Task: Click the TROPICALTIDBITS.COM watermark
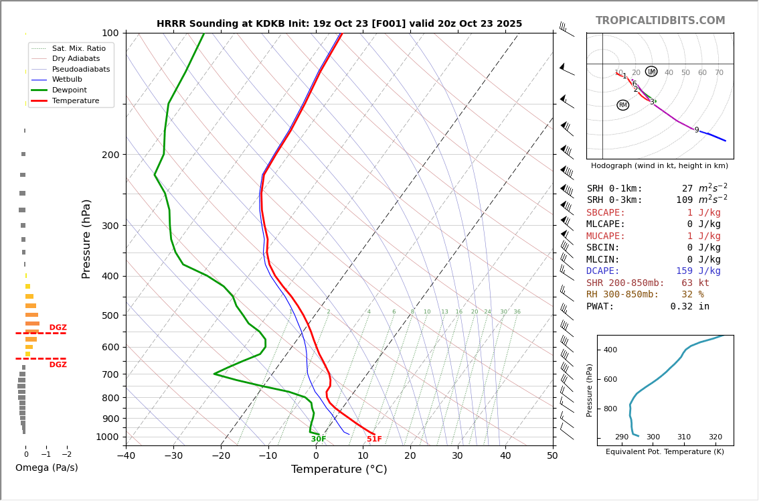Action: click(660, 21)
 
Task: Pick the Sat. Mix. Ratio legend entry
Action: click(78, 48)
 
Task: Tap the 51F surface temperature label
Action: click(374, 439)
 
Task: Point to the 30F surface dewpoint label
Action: click(319, 439)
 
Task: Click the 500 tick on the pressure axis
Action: click(110, 315)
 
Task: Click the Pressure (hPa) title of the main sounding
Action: click(86, 238)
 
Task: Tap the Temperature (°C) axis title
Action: click(339, 470)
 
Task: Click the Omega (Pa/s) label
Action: click(46, 468)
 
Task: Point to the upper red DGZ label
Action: click(58, 328)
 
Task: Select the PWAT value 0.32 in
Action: click(690, 307)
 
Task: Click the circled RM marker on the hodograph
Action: click(623, 105)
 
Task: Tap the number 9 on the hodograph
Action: click(696, 131)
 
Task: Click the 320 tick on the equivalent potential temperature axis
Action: click(715, 437)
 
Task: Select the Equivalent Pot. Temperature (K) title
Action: click(665, 452)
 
